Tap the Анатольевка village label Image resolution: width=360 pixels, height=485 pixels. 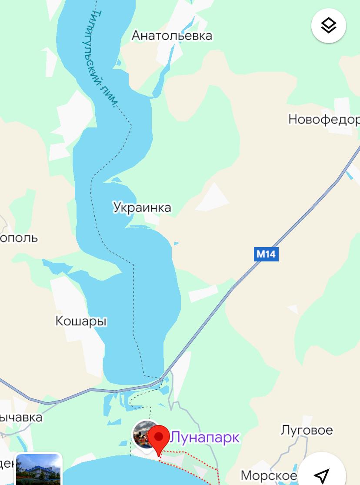click(172, 36)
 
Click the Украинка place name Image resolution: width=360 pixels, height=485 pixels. click(142, 207)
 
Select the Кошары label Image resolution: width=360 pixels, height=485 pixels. click(81, 321)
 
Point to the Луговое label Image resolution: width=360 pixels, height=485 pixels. click(307, 430)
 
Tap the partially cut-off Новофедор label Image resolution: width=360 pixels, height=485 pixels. click(324, 119)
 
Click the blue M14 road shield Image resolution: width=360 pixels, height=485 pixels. click(266, 254)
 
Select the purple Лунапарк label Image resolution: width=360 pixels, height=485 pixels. click(204, 437)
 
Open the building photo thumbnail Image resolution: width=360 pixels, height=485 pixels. click(38, 470)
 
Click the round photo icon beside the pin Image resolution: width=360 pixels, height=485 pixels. click(143, 433)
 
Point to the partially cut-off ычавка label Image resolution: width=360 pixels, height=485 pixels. click(21, 418)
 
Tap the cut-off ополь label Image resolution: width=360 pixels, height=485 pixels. click(19, 238)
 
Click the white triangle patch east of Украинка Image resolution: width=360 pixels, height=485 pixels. click(215, 196)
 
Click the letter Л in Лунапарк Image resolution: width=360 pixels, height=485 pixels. click(175, 437)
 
